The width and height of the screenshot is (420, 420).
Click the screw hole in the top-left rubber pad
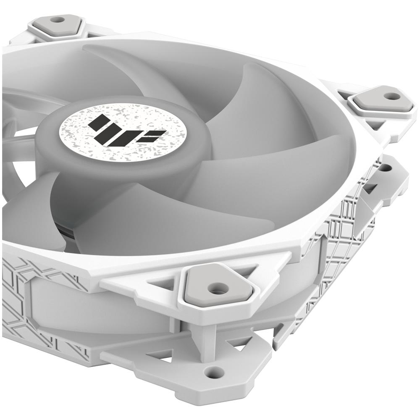(x=58, y=19)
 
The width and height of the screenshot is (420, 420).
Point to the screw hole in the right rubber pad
(x=391, y=96)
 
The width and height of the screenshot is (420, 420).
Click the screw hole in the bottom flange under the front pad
(x=214, y=371)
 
